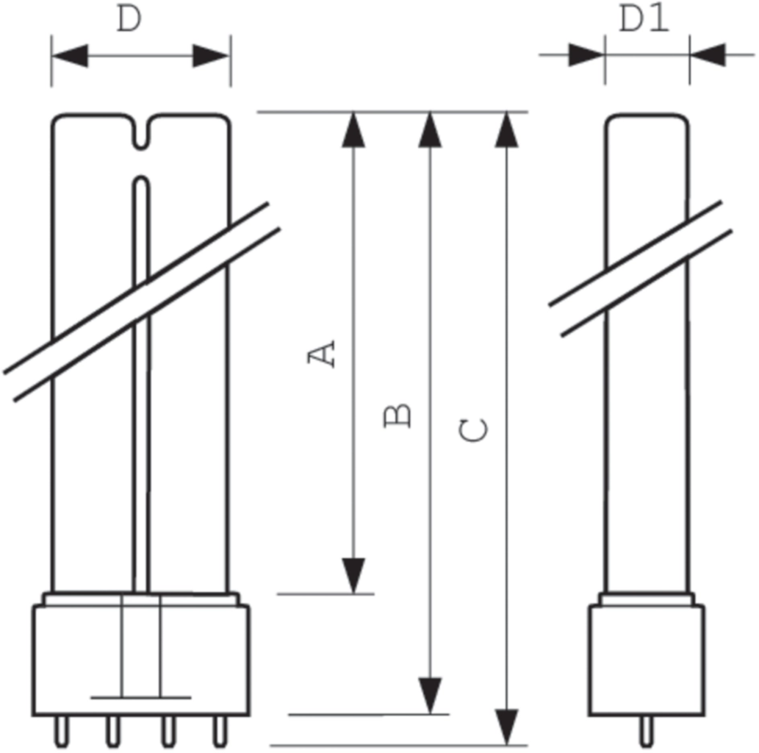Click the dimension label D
tap(129, 20)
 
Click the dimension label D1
tap(644, 20)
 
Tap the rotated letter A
tap(321, 354)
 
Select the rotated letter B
tap(398, 415)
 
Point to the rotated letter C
tap(473, 431)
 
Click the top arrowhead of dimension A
tap(353, 129)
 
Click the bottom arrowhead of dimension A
tap(353, 576)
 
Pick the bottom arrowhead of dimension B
tap(430, 696)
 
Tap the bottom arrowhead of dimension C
tap(506, 727)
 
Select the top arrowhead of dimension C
tap(506, 129)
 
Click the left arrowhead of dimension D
tap(71, 56)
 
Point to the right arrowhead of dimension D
tap(211, 56)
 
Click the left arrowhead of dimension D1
tap(586, 54)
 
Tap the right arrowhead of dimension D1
tap(708, 54)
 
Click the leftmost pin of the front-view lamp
tap(61, 731)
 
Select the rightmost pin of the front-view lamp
tap(220, 731)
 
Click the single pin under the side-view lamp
tap(646, 731)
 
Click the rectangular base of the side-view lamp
tap(647, 660)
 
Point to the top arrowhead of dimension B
tap(430, 129)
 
